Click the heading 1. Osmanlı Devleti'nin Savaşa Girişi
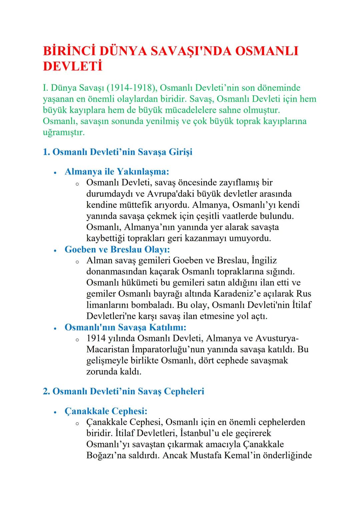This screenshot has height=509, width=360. (118, 152)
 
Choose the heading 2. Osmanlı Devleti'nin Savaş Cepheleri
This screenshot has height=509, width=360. (123, 391)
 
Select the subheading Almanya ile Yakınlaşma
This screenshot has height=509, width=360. (117, 172)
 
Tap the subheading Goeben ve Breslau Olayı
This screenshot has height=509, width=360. (117, 249)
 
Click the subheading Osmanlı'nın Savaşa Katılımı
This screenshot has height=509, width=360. (125, 327)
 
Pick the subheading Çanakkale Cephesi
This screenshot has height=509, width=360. (106, 411)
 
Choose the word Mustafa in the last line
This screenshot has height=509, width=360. (206, 455)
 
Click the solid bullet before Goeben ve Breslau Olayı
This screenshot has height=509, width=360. (56, 250)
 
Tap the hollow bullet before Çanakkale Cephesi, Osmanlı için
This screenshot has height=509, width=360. (77, 423)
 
